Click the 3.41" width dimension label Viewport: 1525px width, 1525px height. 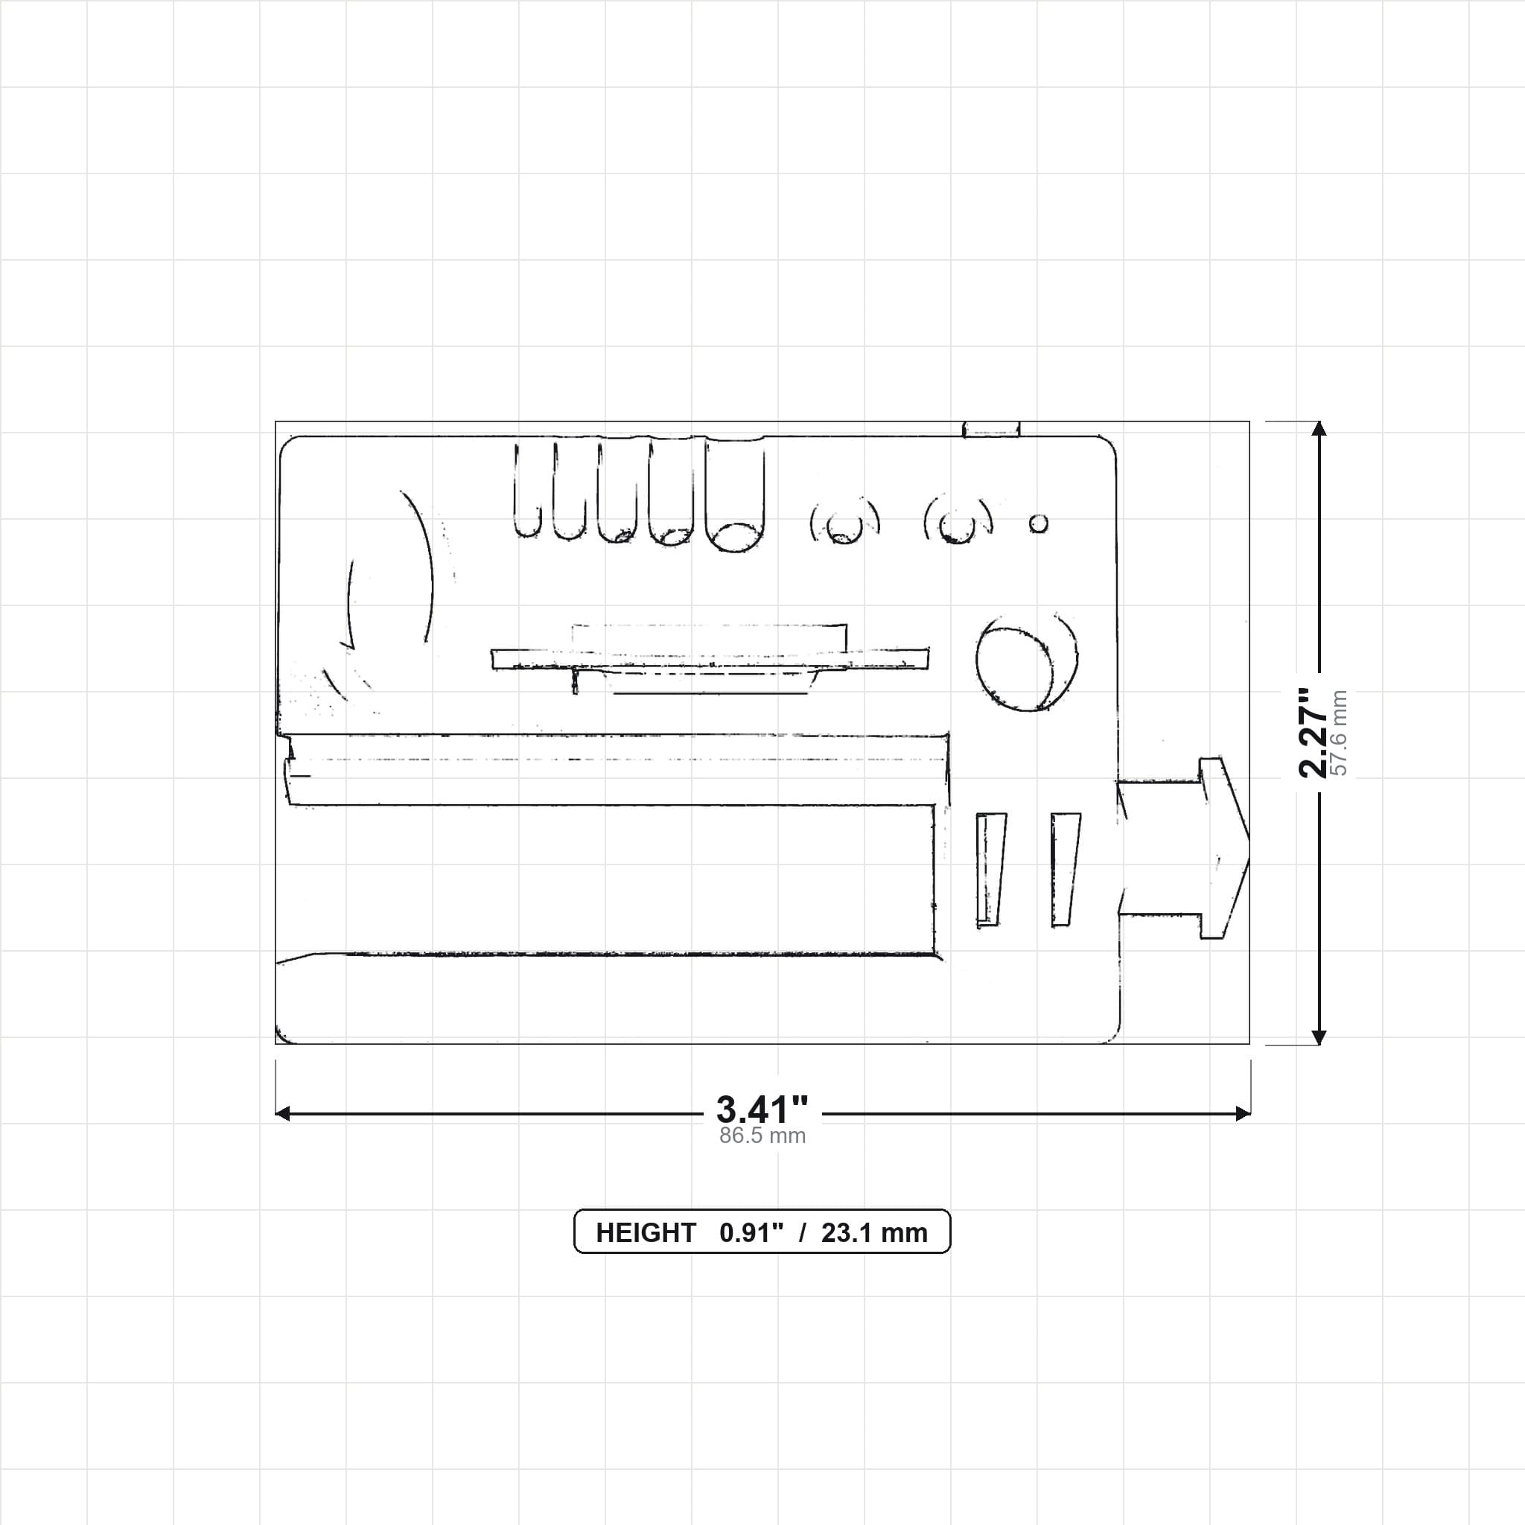(762, 1109)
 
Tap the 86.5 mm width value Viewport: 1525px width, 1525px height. (762, 1136)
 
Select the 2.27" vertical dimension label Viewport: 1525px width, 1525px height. (1314, 733)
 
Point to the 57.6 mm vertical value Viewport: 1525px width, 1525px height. (1340, 733)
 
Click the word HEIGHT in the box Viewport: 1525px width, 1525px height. (646, 1233)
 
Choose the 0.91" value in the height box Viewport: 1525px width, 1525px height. (751, 1233)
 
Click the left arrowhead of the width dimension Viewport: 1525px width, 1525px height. (282, 1114)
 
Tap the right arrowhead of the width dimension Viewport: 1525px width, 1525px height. (1243, 1114)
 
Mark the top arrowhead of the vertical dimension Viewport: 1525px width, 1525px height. (1318, 430)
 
